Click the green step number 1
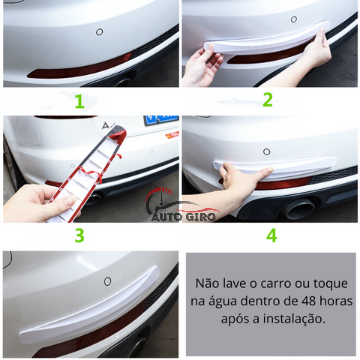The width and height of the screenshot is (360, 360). (80, 101)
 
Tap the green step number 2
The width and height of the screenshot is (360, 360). (268, 100)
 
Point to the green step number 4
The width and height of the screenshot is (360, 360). (272, 235)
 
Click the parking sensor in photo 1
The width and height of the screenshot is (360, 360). (99, 32)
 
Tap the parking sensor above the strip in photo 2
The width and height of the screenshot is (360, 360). (294, 19)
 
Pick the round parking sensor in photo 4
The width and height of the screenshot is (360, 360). (267, 152)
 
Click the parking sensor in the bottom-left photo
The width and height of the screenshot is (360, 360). (108, 281)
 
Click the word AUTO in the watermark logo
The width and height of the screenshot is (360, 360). (167, 217)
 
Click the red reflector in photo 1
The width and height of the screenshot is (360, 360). (79, 66)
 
